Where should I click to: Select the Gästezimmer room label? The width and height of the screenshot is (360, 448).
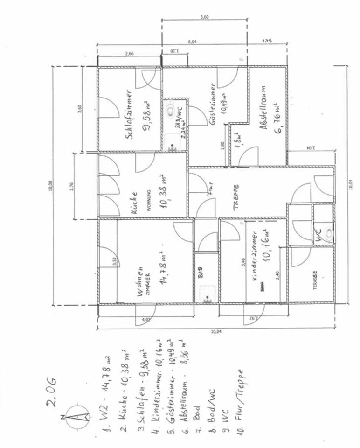[x=212, y=105]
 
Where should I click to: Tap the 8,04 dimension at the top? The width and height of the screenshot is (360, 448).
[x=193, y=42]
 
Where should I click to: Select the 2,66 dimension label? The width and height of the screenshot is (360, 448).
[x=130, y=54]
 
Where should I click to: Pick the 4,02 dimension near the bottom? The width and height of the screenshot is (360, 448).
[x=146, y=320]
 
